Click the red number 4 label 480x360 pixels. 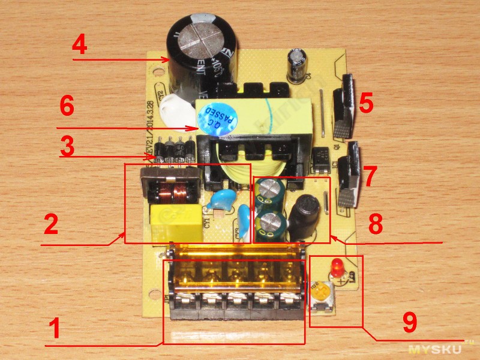pyautogui.click(x=80, y=46)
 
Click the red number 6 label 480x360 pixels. pyautogui.click(x=67, y=109)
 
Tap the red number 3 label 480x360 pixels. pyautogui.click(x=67, y=146)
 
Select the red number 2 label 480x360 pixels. pyautogui.click(x=51, y=224)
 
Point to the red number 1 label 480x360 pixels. pyautogui.click(x=54, y=329)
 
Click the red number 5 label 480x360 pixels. pyautogui.click(x=365, y=103)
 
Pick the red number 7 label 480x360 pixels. pyautogui.click(x=369, y=176)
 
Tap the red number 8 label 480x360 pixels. pyautogui.click(x=375, y=224)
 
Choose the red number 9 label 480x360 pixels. pyautogui.click(x=410, y=323)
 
